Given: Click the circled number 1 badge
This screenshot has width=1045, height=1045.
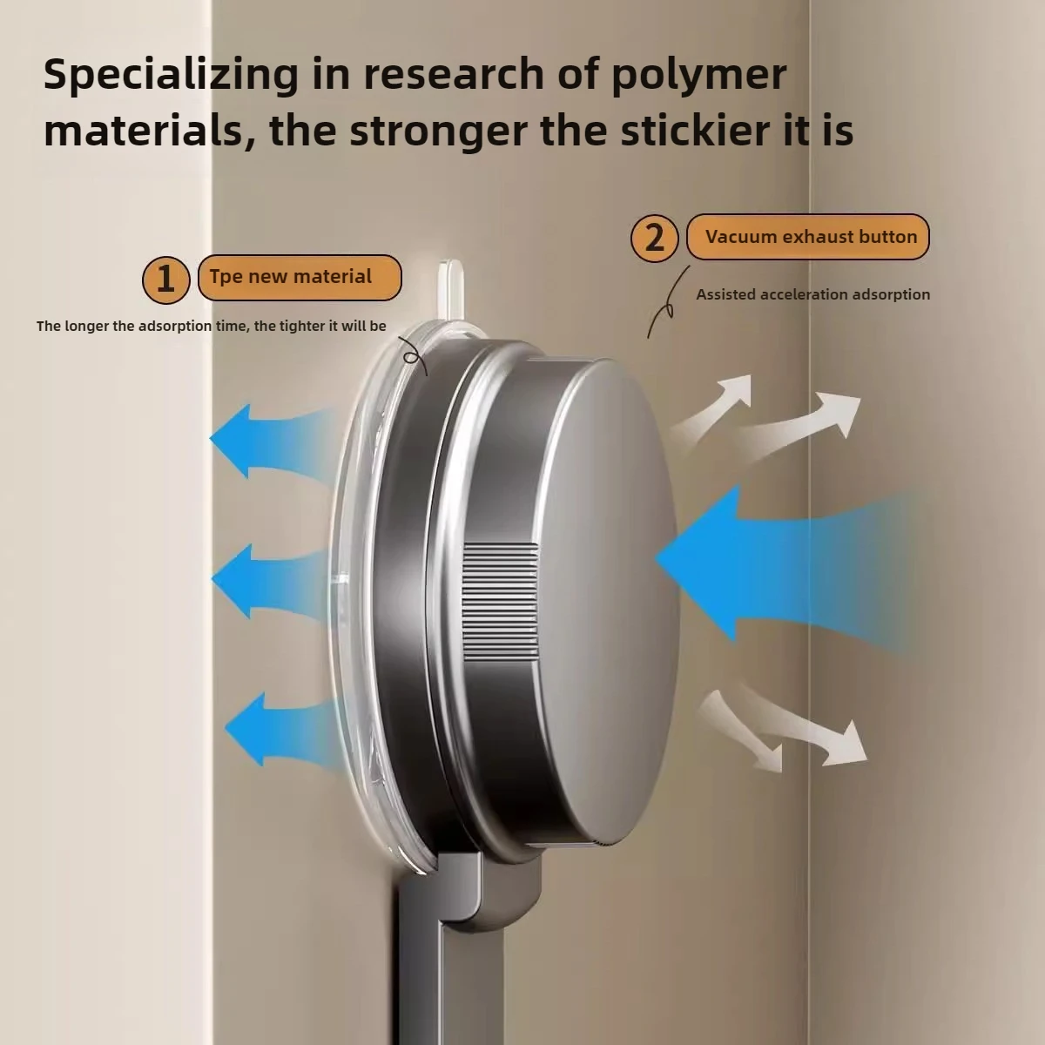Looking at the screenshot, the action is pyautogui.click(x=166, y=280).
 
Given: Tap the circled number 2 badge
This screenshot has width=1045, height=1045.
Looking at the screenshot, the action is pyautogui.click(x=655, y=238).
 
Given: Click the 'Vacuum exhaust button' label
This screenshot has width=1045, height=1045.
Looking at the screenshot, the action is pyautogui.click(x=808, y=237).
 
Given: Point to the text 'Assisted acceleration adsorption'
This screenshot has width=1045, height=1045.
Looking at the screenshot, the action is pyautogui.click(x=812, y=294).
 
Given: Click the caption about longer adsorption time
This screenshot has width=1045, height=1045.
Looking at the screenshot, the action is pyautogui.click(x=212, y=326).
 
